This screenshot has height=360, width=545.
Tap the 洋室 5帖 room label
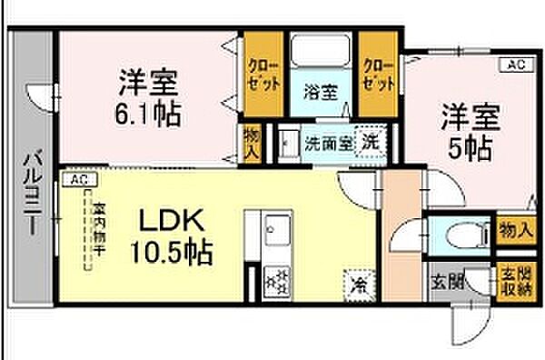tap(469, 132)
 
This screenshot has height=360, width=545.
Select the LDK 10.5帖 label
tap(174, 235)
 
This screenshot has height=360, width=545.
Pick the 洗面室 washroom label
tap(327, 143)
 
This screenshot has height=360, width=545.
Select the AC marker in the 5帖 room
tap(515, 65)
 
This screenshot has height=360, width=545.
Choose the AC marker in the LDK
tap(78, 180)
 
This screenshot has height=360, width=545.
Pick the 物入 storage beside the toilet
tap(515, 230)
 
